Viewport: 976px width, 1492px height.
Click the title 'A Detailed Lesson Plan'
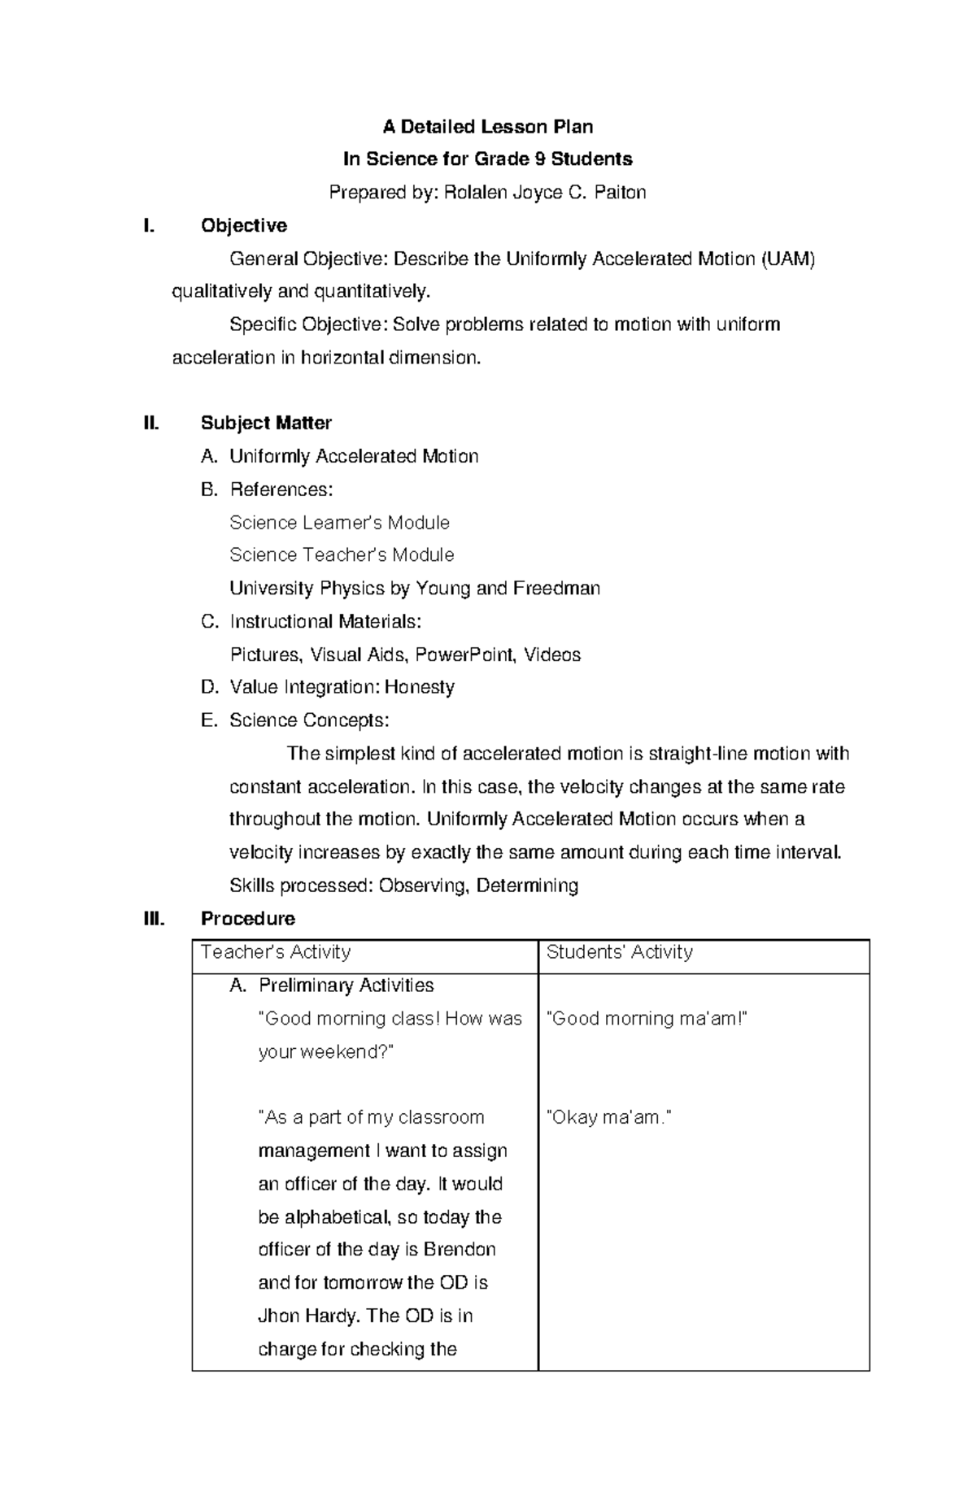(488, 127)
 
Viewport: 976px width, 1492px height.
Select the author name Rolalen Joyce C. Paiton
(544, 193)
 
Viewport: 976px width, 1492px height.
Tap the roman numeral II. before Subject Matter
(150, 423)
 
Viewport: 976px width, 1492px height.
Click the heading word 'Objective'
(244, 225)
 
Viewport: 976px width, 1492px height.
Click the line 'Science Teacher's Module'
(342, 555)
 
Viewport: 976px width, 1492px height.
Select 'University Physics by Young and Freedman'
(415, 588)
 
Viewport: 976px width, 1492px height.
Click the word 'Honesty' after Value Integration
(419, 687)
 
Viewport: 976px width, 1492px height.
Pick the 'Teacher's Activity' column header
(276, 952)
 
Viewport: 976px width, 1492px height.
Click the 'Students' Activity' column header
(620, 952)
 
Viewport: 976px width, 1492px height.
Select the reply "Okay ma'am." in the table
(609, 1118)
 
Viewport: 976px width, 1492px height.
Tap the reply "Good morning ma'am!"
(647, 1019)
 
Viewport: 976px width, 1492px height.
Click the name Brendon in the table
(460, 1250)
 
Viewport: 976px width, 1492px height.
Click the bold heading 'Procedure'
(248, 919)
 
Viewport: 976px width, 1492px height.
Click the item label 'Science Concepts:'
(309, 720)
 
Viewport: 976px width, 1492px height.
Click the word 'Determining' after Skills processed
(527, 885)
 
